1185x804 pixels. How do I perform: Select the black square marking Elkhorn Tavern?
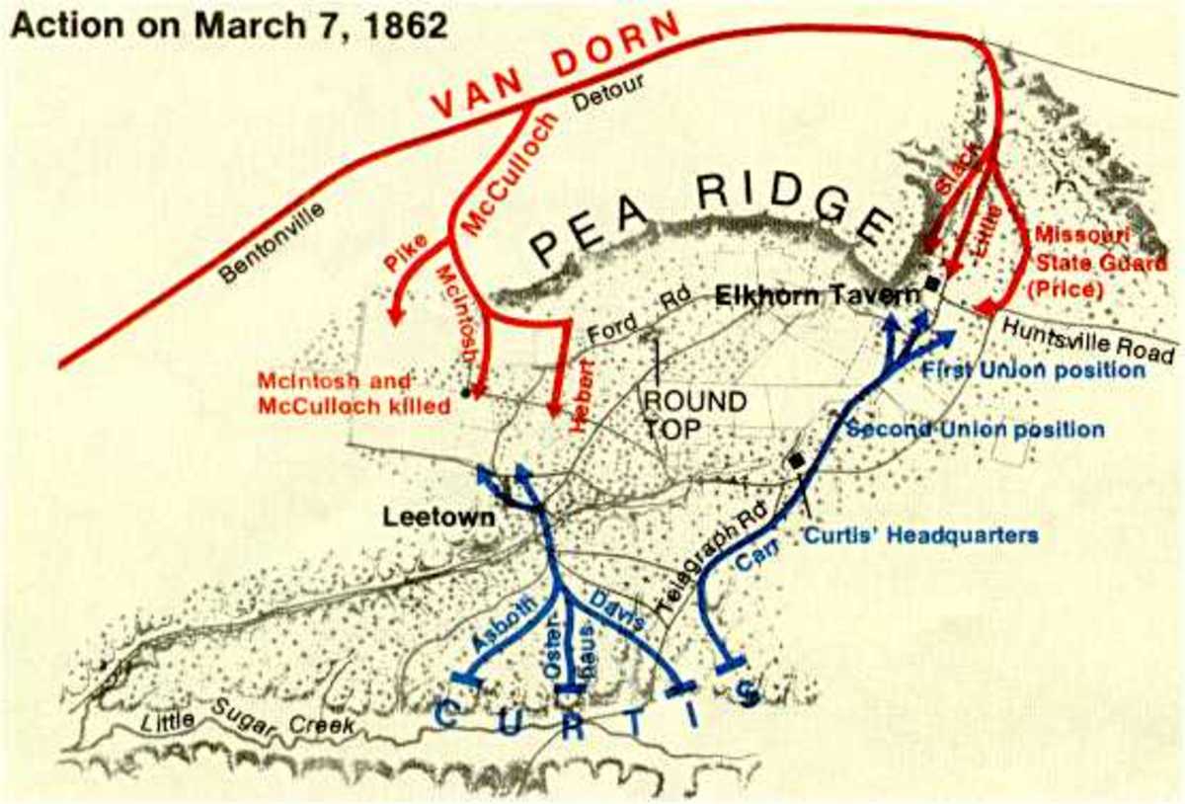[x=932, y=284]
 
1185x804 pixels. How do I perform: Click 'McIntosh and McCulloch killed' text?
[x=353, y=393]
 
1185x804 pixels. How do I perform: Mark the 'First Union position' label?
[x=1031, y=370]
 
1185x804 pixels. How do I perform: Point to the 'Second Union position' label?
[x=976, y=430]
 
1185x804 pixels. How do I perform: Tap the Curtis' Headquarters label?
[x=932, y=534]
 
